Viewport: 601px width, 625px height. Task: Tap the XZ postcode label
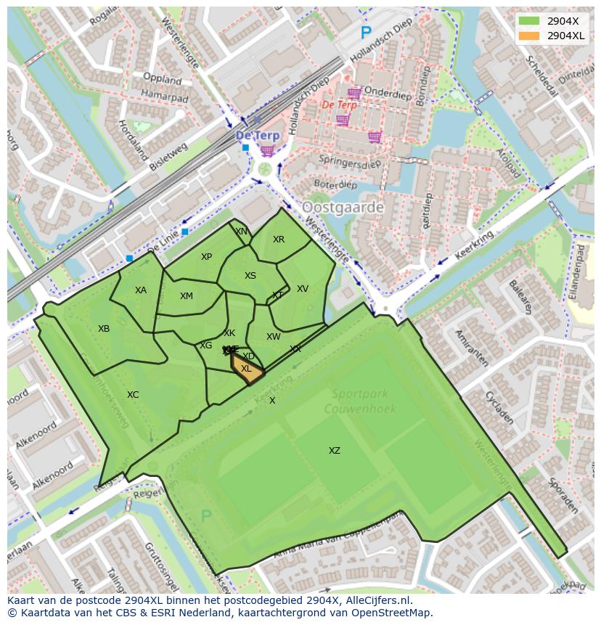(x=334, y=451)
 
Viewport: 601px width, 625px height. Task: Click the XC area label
(x=133, y=395)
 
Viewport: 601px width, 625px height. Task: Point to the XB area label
(x=104, y=329)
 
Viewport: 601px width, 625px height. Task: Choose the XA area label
(x=141, y=290)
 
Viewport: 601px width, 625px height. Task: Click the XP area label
(x=206, y=257)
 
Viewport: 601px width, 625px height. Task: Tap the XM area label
(x=187, y=296)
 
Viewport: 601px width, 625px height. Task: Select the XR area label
(x=279, y=240)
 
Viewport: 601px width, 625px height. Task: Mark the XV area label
(x=303, y=289)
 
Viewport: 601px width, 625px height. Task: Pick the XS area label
(x=250, y=276)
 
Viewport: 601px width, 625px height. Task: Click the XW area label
(x=273, y=337)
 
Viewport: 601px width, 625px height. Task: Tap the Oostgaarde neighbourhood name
(x=343, y=208)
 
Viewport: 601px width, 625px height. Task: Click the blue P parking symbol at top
(x=366, y=33)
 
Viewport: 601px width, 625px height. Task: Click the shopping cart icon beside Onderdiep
(x=354, y=93)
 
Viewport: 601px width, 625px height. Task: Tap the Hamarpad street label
(x=164, y=97)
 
